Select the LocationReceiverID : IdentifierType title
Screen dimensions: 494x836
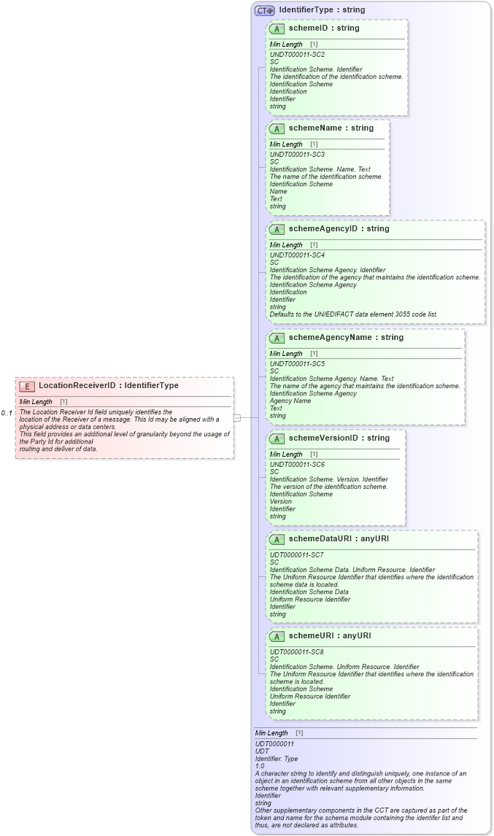click(x=108, y=386)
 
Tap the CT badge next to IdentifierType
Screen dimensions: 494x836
click(x=264, y=10)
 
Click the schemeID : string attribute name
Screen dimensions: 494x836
click(x=323, y=28)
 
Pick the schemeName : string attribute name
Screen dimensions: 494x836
click(x=331, y=128)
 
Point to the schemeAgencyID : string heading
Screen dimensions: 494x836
click(x=339, y=229)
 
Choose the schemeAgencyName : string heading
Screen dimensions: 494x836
click(x=346, y=338)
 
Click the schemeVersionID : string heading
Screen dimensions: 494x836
click(x=339, y=438)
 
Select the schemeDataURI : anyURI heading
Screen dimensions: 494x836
click(x=339, y=539)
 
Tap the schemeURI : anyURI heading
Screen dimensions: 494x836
click(x=329, y=636)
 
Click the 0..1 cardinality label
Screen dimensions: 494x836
click(x=7, y=414)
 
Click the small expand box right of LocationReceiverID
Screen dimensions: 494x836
click(x=236, y=417)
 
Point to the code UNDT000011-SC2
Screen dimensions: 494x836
click(x=297, y=55)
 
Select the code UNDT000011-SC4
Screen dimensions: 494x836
click(x=297, y=255)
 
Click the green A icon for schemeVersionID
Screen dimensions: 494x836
click(x=277, y=438)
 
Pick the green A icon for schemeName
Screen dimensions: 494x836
click(x=277, y=128)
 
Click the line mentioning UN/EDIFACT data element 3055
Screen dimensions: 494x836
click(x=354, y=314)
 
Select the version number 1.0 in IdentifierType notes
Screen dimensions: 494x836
click(x=260, y=766)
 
